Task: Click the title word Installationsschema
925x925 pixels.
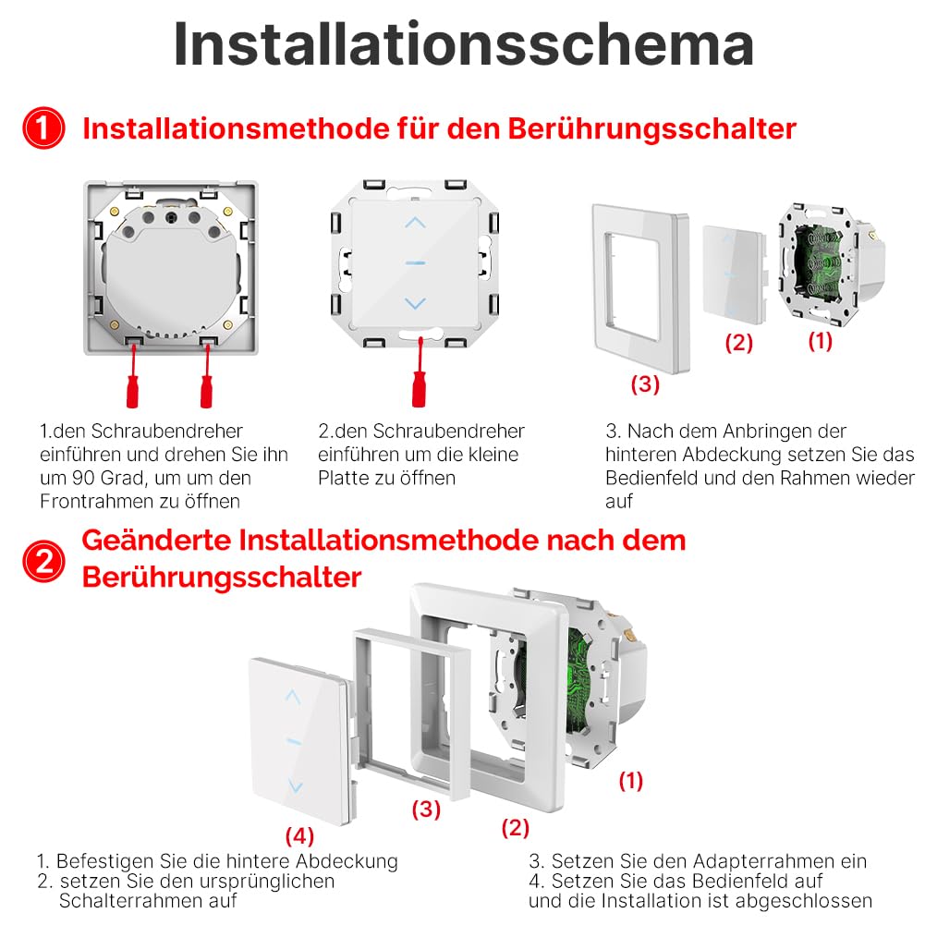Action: (x=464, y=45)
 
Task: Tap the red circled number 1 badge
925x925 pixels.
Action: (x=43, y=128)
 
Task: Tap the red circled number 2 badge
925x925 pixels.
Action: (x=43, y=561)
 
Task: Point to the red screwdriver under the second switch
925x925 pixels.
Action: (x=419, y=372)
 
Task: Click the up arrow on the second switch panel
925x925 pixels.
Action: (x=415, y=222)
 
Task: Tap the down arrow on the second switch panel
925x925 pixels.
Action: (x=415, y=303)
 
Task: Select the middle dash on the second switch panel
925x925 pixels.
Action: (x=415, y=262)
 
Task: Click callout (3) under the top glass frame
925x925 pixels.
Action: (x=645, y=384)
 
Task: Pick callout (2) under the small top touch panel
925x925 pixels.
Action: (x=738, y=343)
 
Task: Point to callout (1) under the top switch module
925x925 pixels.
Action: (x=820, y=341)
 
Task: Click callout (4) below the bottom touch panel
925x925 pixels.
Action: (x=299, y=836)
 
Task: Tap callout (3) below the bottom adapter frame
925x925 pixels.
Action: (x=426, y=809)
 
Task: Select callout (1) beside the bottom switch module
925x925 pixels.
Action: (x=630, y=781)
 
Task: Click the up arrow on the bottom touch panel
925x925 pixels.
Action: (x=293, y=697)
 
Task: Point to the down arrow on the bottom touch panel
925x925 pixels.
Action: (x=295, y=785)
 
